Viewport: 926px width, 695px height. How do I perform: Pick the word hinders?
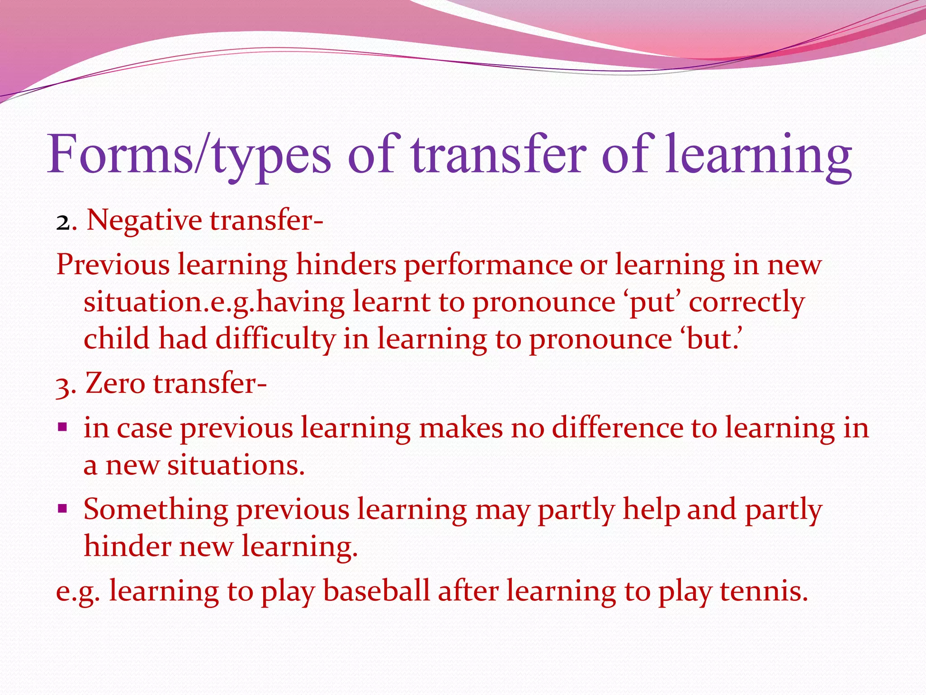point(346,265)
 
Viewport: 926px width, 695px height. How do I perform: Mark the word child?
point(116,339)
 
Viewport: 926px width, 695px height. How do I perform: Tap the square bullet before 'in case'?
point(62,426)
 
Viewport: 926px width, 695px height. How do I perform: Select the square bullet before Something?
point(62,509)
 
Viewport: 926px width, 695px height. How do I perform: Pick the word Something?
point(156,510)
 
